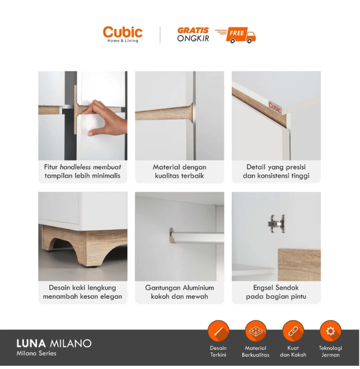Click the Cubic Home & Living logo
click(122, 34)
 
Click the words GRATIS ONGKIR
click(193, 34)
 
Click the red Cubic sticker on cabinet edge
click(275, 107)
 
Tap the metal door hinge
click(276, 223)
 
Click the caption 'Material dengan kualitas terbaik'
click(179, 171)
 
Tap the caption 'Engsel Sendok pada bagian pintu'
click(276, 292)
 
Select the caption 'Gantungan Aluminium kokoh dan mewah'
click(179, 292)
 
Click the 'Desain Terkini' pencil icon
click(218, 331)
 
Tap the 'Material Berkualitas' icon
click(256, 331)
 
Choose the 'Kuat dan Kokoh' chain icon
click(293, 331)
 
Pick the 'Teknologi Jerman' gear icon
click(330, 331)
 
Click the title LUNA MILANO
click(54, 343)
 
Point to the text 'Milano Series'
click(36, 353)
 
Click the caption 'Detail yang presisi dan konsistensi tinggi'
click(276, 171)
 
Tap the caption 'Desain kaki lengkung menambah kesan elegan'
click(83, 292)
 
